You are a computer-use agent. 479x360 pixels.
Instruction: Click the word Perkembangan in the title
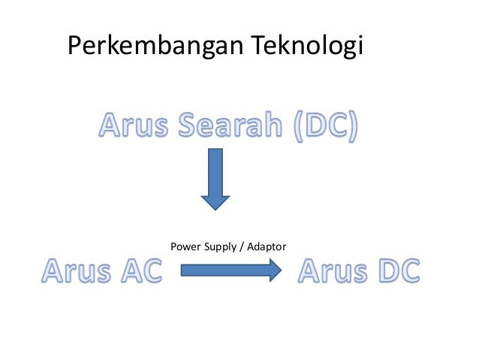[x=155, y=47]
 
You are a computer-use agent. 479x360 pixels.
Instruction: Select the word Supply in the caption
[x=218, y=247]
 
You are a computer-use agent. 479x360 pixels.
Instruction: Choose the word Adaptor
[x=265, y=247]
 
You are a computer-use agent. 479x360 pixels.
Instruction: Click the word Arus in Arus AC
[x=74, y=271]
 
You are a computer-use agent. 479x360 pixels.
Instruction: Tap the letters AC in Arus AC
[x=140, y=271]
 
